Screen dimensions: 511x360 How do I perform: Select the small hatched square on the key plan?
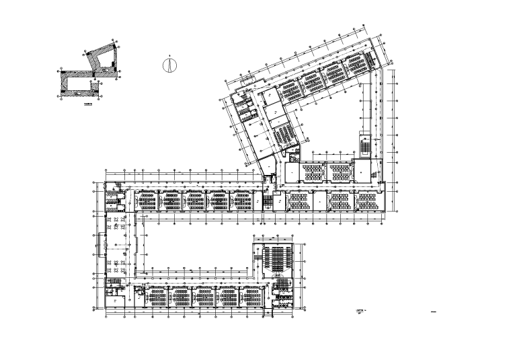93,83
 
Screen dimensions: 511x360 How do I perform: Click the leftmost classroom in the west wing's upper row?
147,201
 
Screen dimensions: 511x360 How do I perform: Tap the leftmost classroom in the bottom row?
158,296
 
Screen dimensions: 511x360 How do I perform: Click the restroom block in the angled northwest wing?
243,107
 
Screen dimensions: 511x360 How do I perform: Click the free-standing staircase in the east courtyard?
364,145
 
